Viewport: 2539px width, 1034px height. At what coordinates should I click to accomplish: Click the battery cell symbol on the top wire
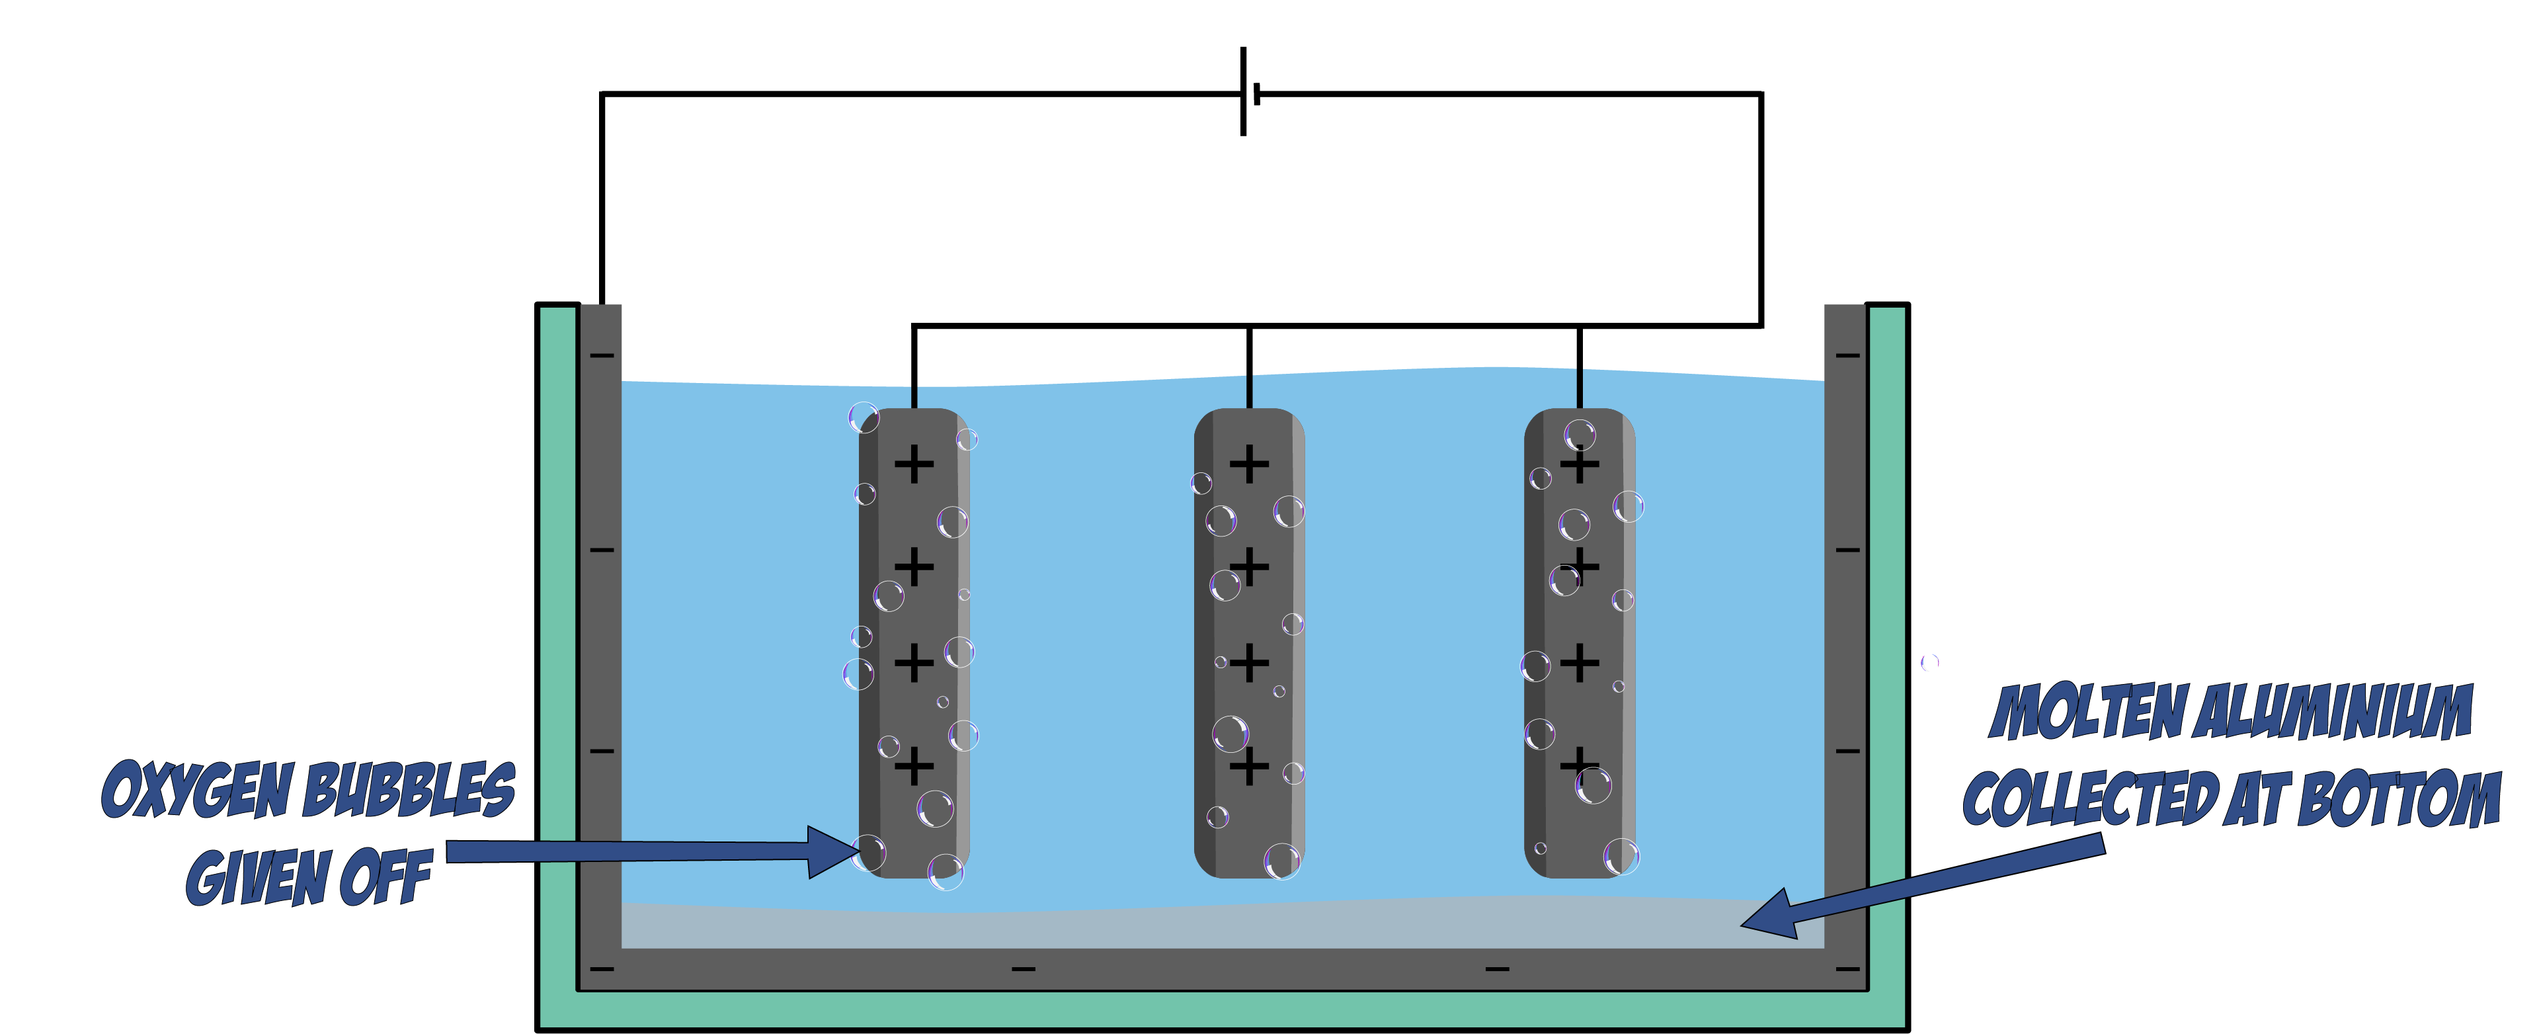(1250, 92)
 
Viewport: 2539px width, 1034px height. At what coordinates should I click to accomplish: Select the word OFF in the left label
(384, 877)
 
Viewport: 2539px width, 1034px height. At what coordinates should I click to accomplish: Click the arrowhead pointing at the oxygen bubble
(834, 851)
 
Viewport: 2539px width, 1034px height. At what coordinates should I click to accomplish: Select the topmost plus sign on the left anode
(914, 464)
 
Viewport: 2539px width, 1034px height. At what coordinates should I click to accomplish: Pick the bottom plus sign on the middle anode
(1249, 766)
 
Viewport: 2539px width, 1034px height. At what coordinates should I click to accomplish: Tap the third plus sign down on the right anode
(1579, 662)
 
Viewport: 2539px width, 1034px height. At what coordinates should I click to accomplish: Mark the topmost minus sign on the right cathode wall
(1847, 355)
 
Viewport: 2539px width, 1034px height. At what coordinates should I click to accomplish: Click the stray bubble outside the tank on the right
(1929, 662)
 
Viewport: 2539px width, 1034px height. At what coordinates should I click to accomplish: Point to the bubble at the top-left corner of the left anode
(864, 418)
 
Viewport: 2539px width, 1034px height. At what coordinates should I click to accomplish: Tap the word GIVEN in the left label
(259, 877)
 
